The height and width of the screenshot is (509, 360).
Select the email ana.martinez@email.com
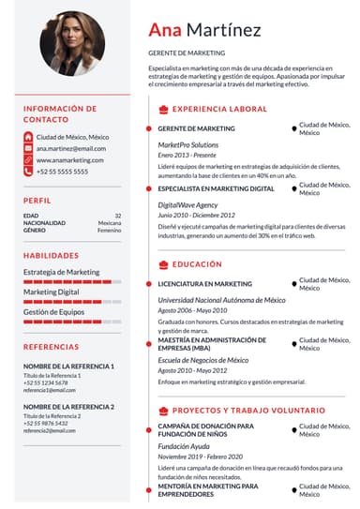pyautogui.click(x=71, y=148)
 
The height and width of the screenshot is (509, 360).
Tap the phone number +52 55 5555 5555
pyautogui.click(x=62, y=172)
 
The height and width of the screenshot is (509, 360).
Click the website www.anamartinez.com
pyautogui.click(x=69, y=160)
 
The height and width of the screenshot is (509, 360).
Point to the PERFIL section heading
pyautogui.click(x=37, y=201)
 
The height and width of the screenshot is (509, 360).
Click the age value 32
pyautogui.click(x=118, y=216)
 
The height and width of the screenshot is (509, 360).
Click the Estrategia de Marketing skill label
pyautogui.click(x=61, y=272)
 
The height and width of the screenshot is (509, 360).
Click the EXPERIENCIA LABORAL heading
pyautogui.click(x=219, y=110)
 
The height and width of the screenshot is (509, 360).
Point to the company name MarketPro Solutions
pyautogui.click(x=187, y=145)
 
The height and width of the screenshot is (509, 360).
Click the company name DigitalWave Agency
pyautogui.click(x=187, y=204)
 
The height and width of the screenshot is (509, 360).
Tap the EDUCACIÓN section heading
pyautogui.click(x=197, y=265)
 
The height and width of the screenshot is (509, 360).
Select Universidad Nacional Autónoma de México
pyautogui.click(x=221, y=300)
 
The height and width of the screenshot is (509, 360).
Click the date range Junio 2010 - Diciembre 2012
pyautogui.click(x=200, y=215)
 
